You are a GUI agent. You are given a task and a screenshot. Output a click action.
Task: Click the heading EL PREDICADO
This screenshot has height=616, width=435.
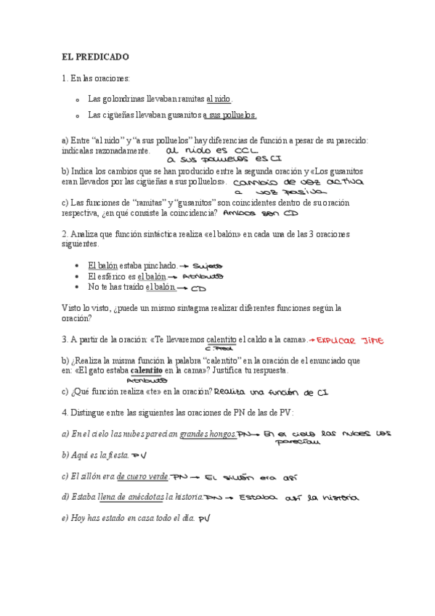click(95, 56)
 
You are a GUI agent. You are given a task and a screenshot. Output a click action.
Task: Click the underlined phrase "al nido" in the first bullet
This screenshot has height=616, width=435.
click(219, 98)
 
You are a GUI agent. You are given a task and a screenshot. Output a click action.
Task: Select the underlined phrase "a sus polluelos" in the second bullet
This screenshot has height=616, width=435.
click(229, 115)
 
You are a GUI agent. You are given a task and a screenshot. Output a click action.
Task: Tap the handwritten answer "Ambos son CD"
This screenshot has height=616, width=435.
click(258, 214)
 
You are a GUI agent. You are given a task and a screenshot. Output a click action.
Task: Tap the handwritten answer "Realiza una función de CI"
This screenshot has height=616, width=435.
click(274, 392)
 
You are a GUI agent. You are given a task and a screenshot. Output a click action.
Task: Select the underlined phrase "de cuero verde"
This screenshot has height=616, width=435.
click(142, 477)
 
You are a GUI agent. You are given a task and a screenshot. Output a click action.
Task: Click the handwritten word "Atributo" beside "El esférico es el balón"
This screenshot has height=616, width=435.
click(203, 277)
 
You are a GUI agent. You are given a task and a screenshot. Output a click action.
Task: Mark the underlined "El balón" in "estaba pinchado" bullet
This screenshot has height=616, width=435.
click(102, 266)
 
